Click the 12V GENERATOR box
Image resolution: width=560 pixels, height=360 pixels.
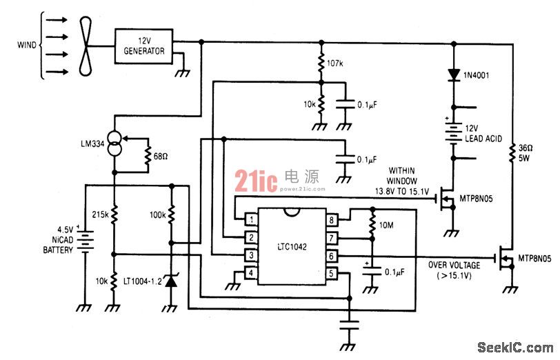click(x=143, y=46)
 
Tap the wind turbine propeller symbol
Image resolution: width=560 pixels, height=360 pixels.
click(x=86, y=46)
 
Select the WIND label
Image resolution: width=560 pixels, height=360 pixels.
click(x=27, y=46)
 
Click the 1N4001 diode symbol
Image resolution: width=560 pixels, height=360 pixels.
click(x=454, y=75)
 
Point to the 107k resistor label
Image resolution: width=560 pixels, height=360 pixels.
click(x=334, y=63)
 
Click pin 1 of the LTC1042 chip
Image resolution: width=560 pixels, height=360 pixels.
click(x=252, y=219)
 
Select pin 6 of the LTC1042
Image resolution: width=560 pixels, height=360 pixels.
click(x=332, y=256)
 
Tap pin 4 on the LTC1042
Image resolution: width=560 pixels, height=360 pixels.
click(x=252, y=273)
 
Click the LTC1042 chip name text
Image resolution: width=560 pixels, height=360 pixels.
click(x=292, y=246)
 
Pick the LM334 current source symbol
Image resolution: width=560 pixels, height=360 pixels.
click(x=114, y=143)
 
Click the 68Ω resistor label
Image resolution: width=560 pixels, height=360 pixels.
click(x=161, y=157)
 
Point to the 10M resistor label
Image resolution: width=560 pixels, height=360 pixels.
click(x=386, y=225)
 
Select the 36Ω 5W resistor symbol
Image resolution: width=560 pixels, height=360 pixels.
click(x=512, y=153)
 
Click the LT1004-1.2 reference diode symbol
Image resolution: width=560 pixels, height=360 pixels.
click(x=172, y=281)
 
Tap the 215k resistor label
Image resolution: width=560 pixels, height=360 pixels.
click(x=100, y=214)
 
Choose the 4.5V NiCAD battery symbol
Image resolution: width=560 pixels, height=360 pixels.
click(x=85, y=241)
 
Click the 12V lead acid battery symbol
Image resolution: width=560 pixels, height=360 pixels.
click(x=454, y=133)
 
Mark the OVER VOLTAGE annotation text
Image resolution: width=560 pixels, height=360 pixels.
click(x=454, y=265)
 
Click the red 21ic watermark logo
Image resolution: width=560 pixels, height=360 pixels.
click(x=256, y=181)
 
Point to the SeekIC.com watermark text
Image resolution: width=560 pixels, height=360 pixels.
click(x=515, y=347)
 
